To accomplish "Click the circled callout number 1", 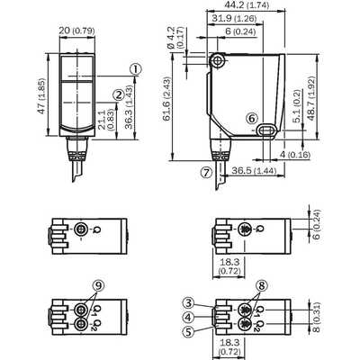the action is click(135, 69).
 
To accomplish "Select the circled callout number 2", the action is click(119, 95).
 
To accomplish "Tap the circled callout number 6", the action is click(252, 119).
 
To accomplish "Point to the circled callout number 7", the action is click(206, 172).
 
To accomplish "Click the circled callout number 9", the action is click(98, 285).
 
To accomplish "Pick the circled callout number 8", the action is click(262, 286).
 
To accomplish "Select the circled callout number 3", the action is click(188, 303).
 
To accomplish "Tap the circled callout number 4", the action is click(188, 317).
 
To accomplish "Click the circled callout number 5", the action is click(188, 331).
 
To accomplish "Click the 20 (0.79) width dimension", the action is click(76, 31).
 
